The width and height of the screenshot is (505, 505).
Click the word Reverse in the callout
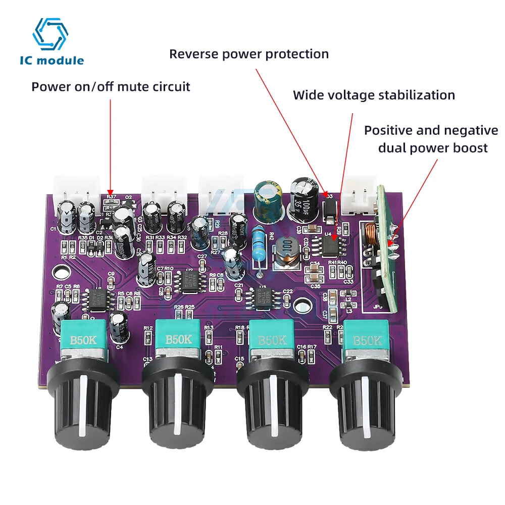tap(190, 54)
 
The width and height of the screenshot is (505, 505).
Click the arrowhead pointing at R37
tap(111, 191)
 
